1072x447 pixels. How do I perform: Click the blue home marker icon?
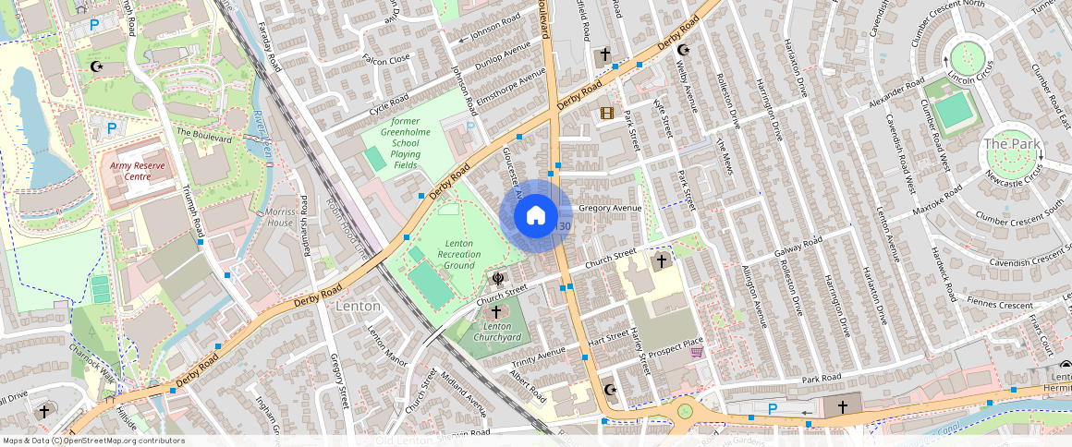pos(535,216)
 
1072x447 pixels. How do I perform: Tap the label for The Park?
pos(1011,144)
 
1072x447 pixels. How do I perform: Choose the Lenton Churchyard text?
pos(497,332)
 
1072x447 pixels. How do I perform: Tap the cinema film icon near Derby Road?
pos(606,114)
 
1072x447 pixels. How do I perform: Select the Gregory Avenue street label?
pos(609,209)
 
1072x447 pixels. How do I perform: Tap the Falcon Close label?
pos(386,60)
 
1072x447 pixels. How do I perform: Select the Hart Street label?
pos(608,338)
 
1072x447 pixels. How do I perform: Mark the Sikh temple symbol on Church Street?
pos(497,277)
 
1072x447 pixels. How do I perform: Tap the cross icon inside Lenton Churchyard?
pos(496,312)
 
